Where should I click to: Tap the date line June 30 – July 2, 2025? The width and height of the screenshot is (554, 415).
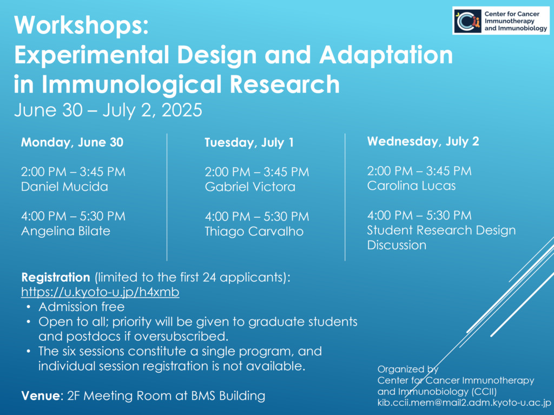tap(108, 109)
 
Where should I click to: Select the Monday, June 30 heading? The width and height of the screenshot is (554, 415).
tap(72, 142)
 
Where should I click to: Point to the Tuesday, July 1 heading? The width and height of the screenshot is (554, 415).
tap(249, 142)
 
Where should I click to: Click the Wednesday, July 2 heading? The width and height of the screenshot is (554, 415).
tap(423, 141)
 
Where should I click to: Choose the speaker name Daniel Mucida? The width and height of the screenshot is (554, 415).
tap(64, 186)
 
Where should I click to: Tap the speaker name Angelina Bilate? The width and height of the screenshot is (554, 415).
tap(65, 231)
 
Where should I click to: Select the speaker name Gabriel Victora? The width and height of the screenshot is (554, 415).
tap(250, 187)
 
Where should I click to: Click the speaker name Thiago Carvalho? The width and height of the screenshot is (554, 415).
tap(254, 231)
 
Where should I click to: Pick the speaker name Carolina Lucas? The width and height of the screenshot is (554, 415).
tap(411, 186)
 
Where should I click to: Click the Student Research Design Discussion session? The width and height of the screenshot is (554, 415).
tap(441, 237)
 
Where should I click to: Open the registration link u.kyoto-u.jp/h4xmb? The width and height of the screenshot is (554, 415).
tap(100, 292)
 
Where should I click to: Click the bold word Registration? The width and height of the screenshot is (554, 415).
tap(56, 277)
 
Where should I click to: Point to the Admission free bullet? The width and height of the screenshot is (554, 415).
tap(82, 307)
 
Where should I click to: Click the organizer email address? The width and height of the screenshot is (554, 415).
tap(464, 403)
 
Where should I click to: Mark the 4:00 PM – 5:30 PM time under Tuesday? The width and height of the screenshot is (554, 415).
tap(257, 216)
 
